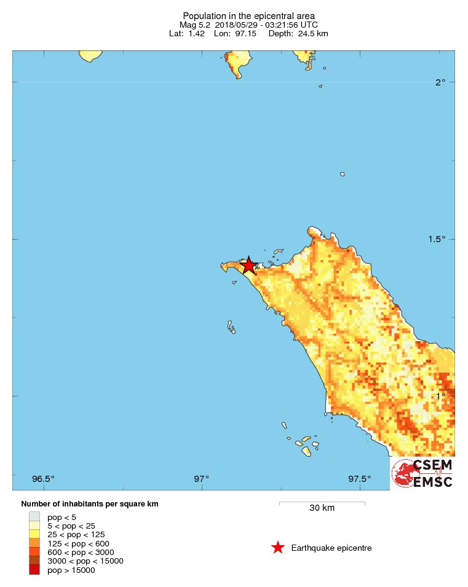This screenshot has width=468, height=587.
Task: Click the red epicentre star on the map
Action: click(x=248, y=265)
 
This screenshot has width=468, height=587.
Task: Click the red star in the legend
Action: click(x=278, y=548)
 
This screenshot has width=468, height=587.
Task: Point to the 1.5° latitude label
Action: click(x=436, y=239)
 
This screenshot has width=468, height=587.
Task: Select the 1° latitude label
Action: click(x=440, y=396)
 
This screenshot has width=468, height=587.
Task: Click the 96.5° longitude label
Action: click(x=43, y=479)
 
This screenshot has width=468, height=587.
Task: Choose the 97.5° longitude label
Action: click(x=360, y=479)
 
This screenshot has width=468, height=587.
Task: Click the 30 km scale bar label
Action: click(x=322, y=508)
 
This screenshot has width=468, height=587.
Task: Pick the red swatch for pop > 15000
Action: click(x=34, y=570)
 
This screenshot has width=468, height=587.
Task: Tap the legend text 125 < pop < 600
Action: click(x=78, y=543)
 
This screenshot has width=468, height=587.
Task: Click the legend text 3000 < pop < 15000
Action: click(x=85, y=561)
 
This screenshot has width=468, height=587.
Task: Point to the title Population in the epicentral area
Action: click(x=249, y=15)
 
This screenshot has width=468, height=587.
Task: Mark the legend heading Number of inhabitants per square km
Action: click(x=90, y=504)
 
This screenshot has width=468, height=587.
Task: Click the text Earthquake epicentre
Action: click(x=331, y=548)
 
